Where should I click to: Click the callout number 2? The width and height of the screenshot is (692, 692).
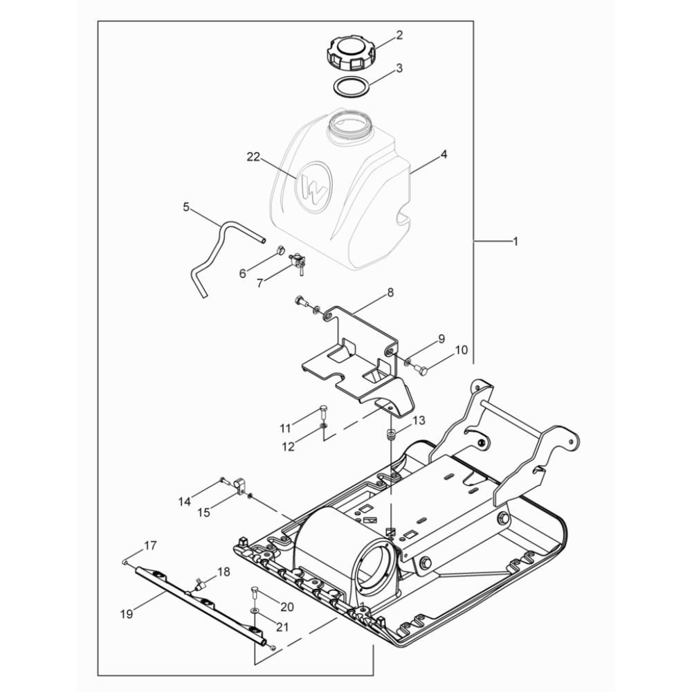[399, 35]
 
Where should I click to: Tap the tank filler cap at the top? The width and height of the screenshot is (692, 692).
[352, 54]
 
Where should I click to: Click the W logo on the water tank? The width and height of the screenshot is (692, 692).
[313, 187]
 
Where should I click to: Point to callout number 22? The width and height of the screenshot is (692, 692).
[253, 156]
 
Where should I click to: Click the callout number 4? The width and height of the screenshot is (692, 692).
[444, 154]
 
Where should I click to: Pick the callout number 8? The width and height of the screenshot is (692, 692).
[390, 292]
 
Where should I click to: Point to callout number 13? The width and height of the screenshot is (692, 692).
[419, 420]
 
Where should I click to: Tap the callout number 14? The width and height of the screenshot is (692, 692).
[185, 502]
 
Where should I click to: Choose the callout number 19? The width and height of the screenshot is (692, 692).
[127, 613]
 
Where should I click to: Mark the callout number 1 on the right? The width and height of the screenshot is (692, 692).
[515, 242]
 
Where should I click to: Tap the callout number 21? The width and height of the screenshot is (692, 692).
[282, 627]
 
